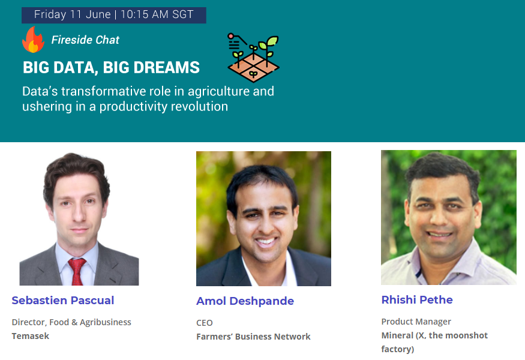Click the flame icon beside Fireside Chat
click(33, 40)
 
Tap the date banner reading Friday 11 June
click(114, 15)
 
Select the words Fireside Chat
click(85, 40)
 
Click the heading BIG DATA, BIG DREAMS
click(111, 67)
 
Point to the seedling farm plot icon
click(253, 57)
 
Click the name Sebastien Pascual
click(63, 301)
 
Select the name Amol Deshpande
click(245, 301)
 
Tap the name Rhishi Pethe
click(417, 300)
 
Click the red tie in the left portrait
click(77, 271)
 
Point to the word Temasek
click(31, 336)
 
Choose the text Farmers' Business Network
click(253, 337)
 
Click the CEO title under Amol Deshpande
click(204, 323)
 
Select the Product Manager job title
click(416, 322)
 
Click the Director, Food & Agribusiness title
click(71, 322)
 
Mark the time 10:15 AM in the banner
click(145, 14)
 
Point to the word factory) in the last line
click(397, 349)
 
